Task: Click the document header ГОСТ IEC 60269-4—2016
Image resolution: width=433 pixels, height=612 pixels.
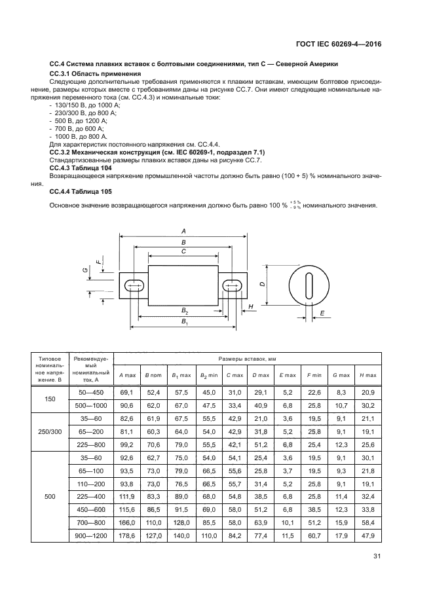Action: (x=339, y=45)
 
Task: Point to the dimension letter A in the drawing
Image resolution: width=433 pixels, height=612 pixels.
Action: (x=183, y=232)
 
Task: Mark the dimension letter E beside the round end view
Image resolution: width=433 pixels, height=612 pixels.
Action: (x=322, y=314)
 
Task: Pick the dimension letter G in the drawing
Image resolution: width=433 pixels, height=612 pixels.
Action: (x=85, y=269)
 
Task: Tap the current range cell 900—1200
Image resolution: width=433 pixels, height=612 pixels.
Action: (x=91, y=536)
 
